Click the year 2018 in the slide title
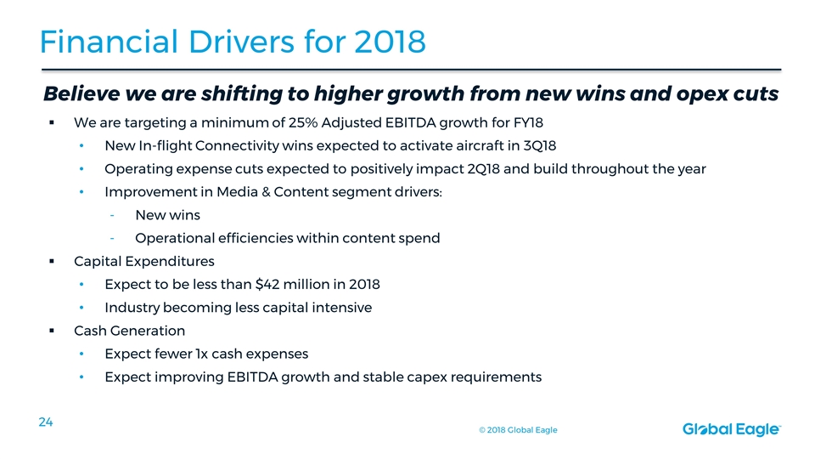point(390,42)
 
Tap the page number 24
point(46,422)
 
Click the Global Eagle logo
point(731,430)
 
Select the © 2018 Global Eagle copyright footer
point(518,430)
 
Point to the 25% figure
point(303,122)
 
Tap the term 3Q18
point(540,145)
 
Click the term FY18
point(529,122)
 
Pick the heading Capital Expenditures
point(144,261)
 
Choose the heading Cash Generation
point(129,331)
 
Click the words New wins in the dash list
point(167,215)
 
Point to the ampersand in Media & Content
point(266,192)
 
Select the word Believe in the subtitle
point(81,93)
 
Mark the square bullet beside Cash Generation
point(52,331)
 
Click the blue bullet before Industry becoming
point(81,308)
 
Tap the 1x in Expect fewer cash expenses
point(201,354)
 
